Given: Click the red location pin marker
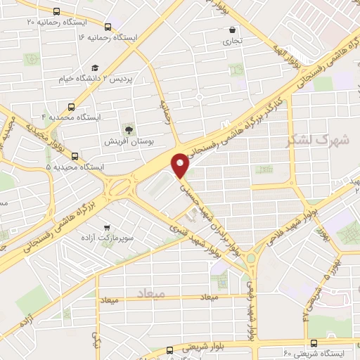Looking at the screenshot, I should (181, 165).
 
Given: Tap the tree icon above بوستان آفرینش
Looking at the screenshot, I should (128, 129).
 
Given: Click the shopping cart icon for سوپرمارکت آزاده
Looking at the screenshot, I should (106, 227).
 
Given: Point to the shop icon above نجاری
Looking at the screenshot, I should (232, 30).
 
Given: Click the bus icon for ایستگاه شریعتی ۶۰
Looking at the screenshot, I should (314, 343).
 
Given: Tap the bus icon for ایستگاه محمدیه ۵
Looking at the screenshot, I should (75, 157).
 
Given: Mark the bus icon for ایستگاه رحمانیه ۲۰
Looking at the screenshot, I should (56, 11).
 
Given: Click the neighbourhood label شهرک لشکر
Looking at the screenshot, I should (319, 140).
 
